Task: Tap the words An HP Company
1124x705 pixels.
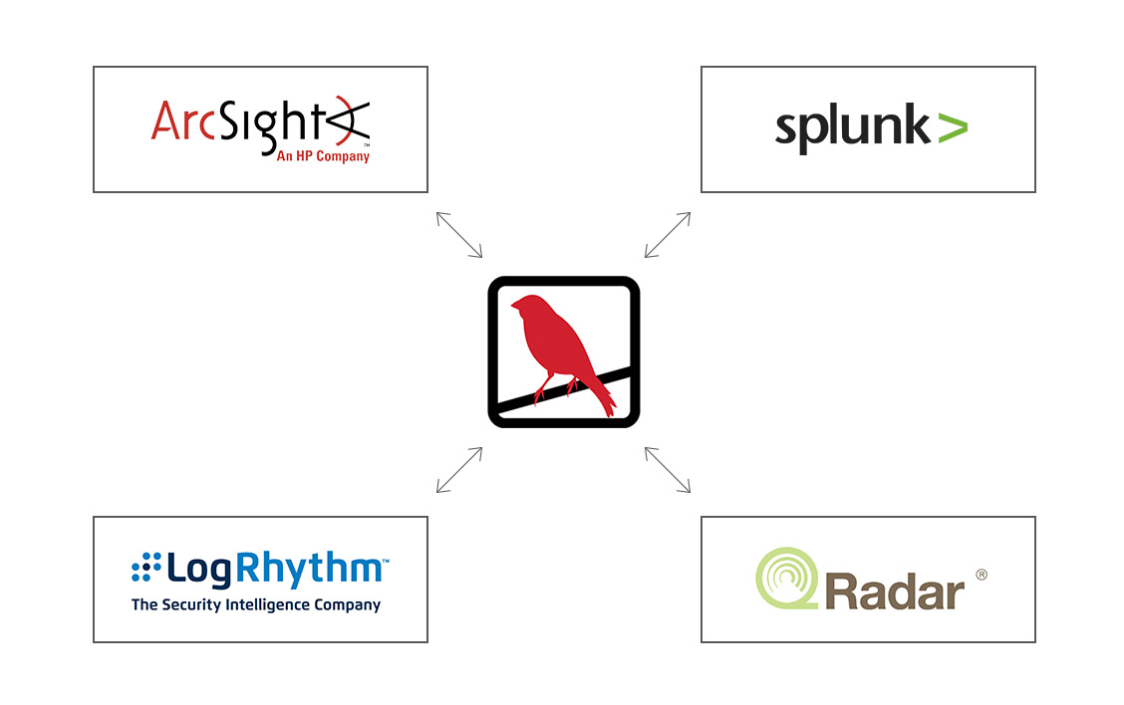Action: click(316, 156)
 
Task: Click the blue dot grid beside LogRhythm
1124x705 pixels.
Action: click(145, 568)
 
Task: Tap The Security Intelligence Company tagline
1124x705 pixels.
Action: click(256, 604)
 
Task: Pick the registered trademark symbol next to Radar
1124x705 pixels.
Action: click(981, 575)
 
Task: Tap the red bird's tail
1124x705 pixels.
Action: click(602, 398)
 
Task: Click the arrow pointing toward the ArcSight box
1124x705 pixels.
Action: click(459, 235)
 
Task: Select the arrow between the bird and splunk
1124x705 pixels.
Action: click(668, 235)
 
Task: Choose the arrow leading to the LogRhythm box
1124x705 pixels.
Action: click(459, 469)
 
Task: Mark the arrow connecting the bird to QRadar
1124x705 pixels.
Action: click(668, 469)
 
